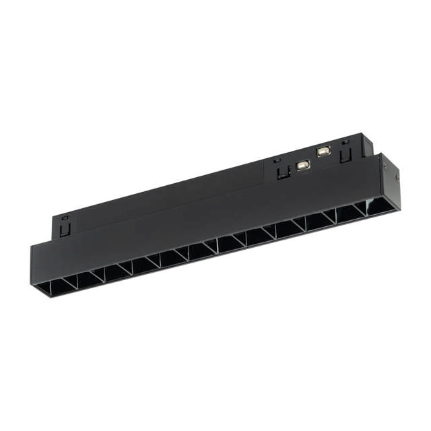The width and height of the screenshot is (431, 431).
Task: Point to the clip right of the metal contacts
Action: tap(347, 154)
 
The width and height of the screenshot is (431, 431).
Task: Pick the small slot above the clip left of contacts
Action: tap(276, 160)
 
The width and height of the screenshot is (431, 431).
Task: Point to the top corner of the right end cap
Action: tap(383, 154)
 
